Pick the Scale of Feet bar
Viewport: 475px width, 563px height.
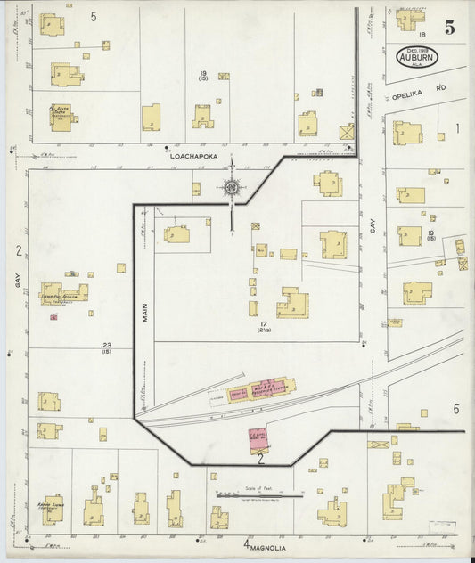coord(258,495)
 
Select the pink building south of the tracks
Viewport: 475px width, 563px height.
coord(258,440)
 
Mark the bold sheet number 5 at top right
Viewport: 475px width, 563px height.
coord(450,28)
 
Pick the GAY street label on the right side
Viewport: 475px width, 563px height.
coord(373,227)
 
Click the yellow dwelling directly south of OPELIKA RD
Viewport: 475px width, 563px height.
coord(406,133)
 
